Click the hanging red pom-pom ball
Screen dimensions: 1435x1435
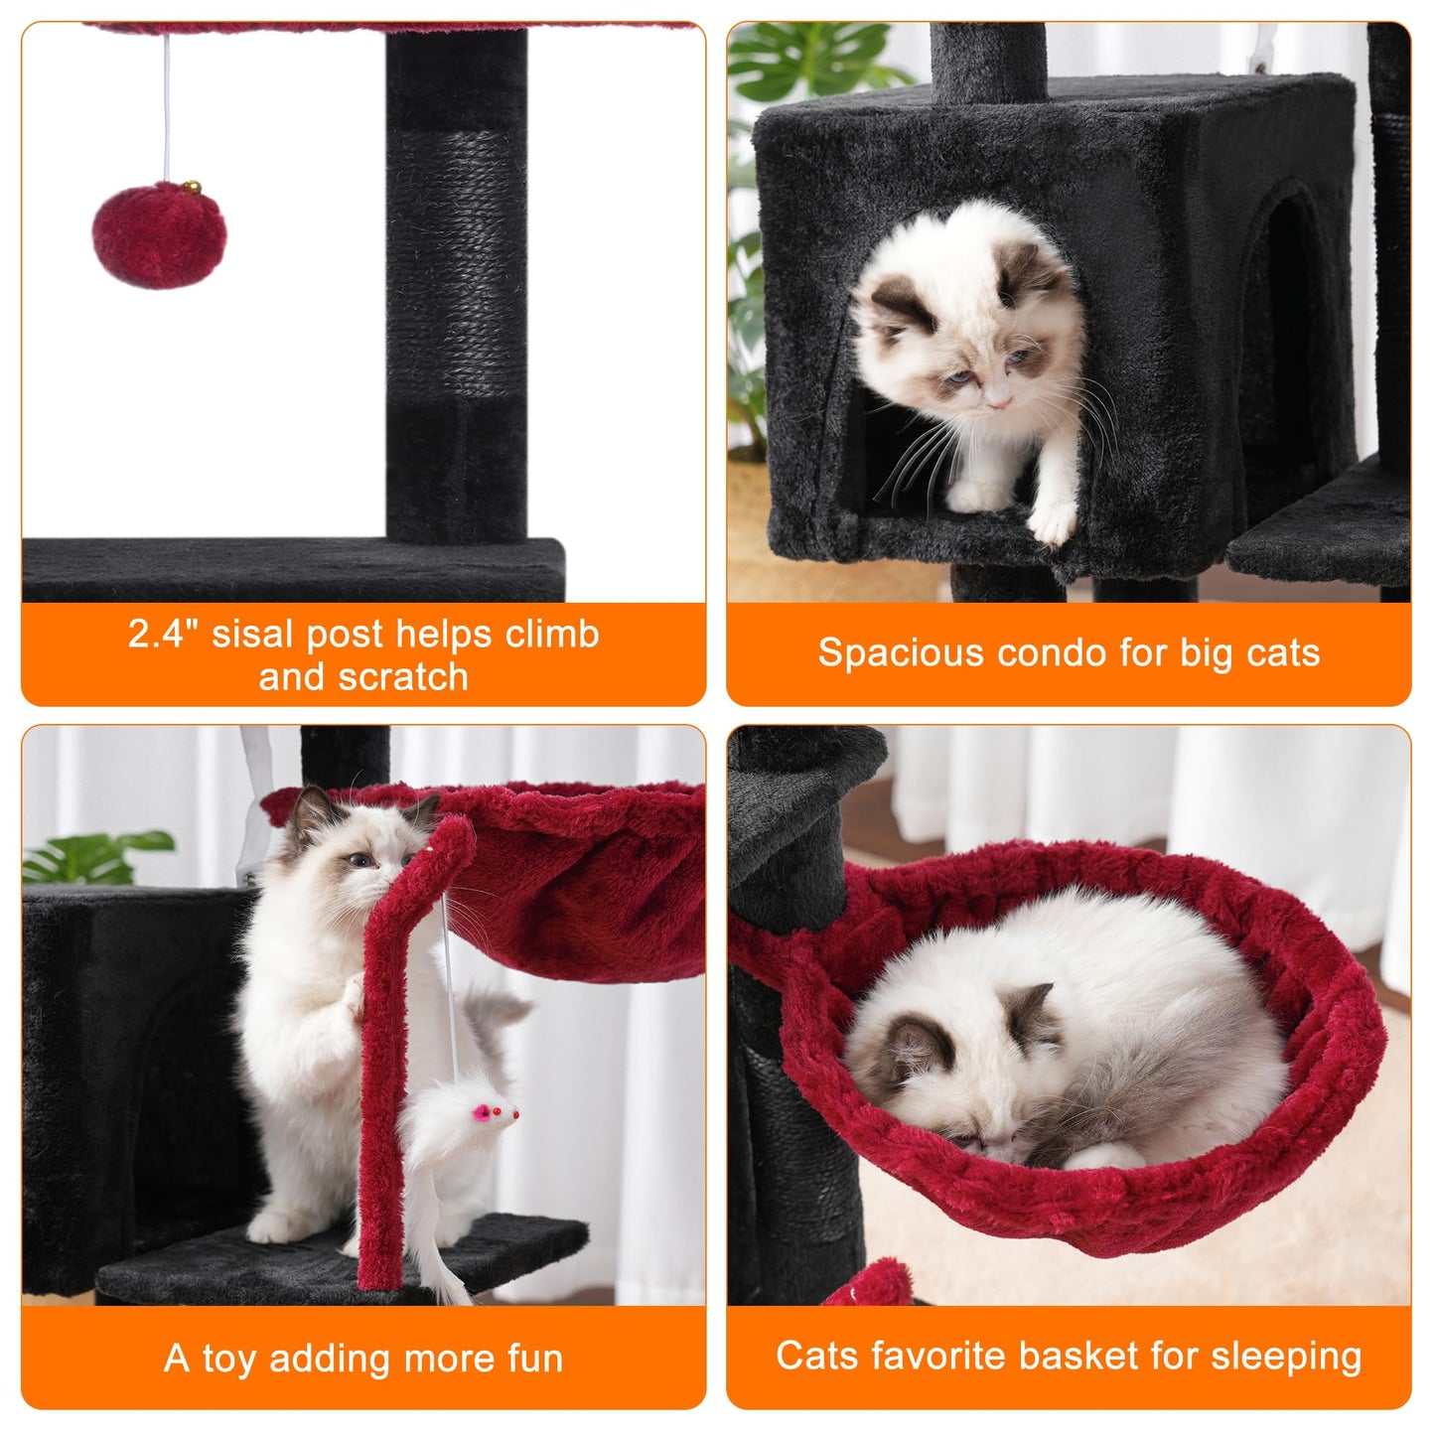pyautogui.click(x=159, y=236)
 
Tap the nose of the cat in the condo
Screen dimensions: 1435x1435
pyautogui.click(x=999, y=402)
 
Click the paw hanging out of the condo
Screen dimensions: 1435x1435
pyautogui.click(x=1053, y=521)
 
